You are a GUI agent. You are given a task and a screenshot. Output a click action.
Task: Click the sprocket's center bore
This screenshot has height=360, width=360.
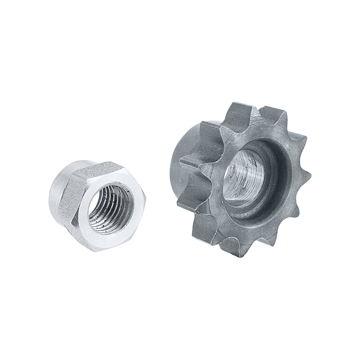[x=245, y=175]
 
